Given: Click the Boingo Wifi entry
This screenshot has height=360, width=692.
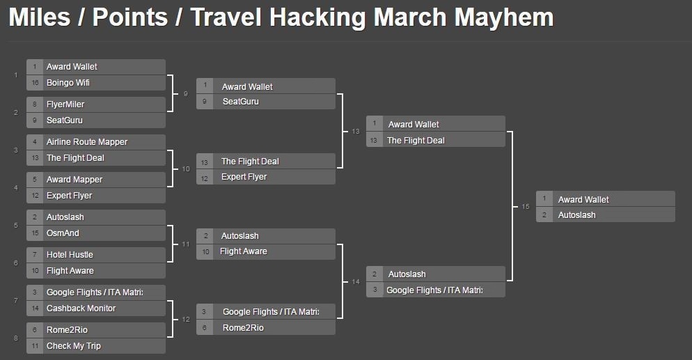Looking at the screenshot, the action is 68,82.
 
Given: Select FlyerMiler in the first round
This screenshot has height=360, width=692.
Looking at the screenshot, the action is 65,104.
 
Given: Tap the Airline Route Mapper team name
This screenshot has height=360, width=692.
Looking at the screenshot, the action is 87,141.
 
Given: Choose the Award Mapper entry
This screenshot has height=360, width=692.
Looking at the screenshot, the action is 74,180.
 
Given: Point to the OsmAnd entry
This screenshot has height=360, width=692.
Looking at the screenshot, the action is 63,233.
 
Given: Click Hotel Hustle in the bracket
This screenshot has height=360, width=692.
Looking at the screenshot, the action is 70,255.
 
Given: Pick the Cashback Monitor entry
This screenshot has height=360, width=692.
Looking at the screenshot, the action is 81,308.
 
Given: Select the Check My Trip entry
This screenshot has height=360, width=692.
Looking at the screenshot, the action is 74,346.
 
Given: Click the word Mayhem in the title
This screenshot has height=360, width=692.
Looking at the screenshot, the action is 504,17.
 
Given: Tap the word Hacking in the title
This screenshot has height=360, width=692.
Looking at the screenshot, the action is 317,17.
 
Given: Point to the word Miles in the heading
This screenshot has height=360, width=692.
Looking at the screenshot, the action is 39,17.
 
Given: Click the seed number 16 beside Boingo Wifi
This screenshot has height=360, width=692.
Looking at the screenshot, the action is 35,82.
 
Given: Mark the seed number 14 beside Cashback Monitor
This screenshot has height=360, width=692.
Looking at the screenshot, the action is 35,308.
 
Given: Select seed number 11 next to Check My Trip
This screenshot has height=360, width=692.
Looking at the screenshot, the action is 35,346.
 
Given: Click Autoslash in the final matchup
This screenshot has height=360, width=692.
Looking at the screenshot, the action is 577,215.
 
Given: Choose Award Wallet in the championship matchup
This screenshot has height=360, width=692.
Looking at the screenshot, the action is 583,199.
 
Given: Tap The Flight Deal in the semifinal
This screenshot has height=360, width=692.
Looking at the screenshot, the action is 416,140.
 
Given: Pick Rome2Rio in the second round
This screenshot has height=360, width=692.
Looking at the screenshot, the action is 243,328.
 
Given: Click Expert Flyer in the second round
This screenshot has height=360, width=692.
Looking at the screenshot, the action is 244,177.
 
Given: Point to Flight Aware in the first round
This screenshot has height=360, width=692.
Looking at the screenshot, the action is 70,270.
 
